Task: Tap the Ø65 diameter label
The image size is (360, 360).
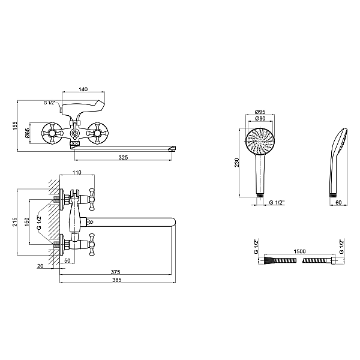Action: point(28,133)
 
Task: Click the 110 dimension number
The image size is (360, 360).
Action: point(77,173)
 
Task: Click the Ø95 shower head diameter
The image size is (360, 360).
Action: point(260,112)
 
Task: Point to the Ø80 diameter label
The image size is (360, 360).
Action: point(260,119)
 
